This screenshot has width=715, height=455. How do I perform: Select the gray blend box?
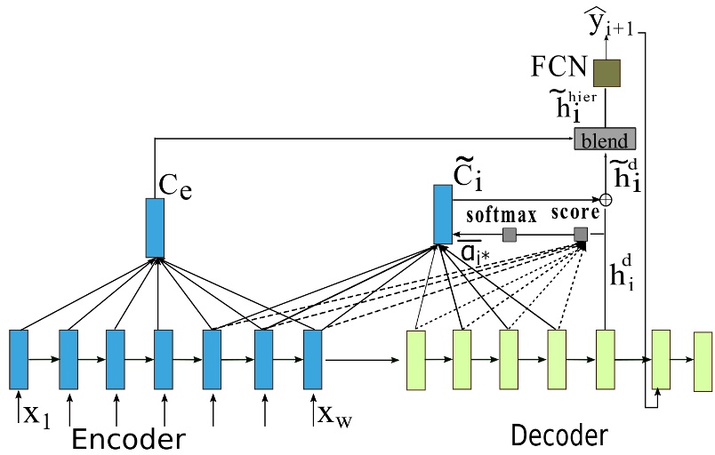[x=605, y=139]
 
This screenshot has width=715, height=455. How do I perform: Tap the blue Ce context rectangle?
[x=155, y=227]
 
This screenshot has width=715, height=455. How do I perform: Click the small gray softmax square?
[x=510, y=235]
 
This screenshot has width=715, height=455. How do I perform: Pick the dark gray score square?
[x=581, y=235]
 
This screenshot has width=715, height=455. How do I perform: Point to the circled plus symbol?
[x=606, y=200]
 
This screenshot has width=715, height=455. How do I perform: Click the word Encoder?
[x=128, y=439]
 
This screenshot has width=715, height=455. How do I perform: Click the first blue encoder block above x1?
[x=19, y=359]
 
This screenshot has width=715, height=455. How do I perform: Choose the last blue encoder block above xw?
[x=312, y=359]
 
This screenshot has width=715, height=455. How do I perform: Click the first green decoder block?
[x=415, y=360]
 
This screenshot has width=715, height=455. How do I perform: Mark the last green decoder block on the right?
[x=703, y=361]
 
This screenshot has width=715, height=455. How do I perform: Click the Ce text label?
[x=173, y=186]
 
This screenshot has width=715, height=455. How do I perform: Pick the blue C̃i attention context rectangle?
[x=443, y=214]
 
